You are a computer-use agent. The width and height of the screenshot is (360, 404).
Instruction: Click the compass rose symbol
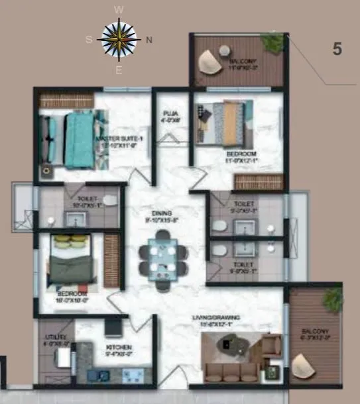tap(119, 39)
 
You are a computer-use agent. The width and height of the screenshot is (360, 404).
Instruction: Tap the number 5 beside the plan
tap(337, 50)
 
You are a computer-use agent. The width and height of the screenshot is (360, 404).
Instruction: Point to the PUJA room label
tap(171, 115)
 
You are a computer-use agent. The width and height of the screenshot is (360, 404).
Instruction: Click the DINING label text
tap(162, 213)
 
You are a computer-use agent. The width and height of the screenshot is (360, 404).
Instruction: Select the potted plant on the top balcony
tap(272, 42)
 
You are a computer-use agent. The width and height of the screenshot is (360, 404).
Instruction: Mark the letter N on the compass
tap(149, 40)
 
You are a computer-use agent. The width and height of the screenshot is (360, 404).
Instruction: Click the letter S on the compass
tap(89, 39)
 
